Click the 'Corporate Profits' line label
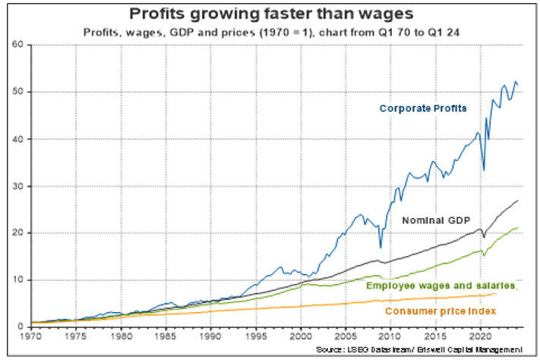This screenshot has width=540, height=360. tap(424, 108)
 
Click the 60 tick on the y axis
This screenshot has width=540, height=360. tap(17, 45)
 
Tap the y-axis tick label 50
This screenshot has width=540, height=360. tap(17, 92)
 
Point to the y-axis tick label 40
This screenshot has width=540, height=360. tap(17, 139)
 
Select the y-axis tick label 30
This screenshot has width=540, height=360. tap(17, 186)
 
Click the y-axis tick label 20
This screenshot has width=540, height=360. tap(17, 233)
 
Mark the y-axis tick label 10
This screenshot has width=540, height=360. tap(17, 280)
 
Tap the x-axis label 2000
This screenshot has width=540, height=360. tap(301, 335)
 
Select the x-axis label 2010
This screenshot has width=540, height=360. tap(390, 335)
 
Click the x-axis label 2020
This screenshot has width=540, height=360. tap(480, 335)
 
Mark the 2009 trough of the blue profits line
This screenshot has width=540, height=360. tap(381, 247)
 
